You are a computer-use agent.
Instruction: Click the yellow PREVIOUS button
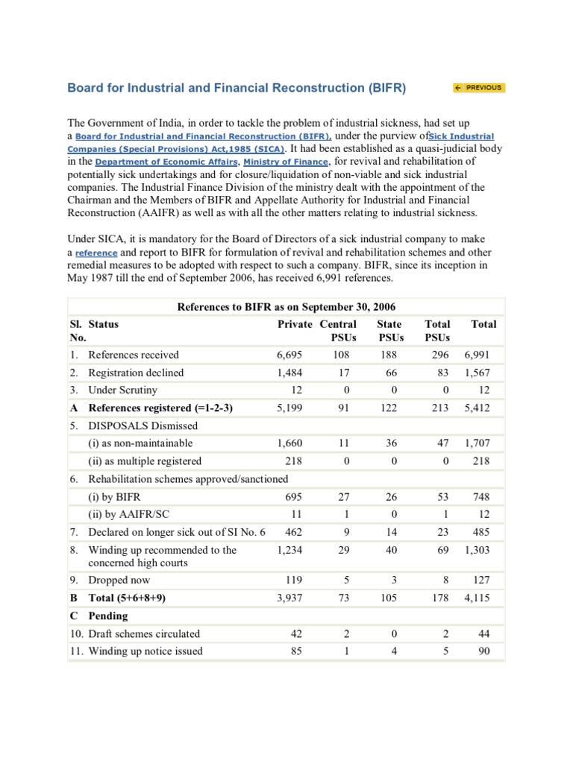coord(478,88)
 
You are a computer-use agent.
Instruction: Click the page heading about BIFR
coord(237,88)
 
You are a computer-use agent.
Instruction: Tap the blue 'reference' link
coord(96,253)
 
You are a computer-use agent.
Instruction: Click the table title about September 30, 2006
coord(286,307)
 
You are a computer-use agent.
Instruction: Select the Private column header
coord(295,324)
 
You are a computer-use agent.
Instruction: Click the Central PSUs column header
coord(338,331)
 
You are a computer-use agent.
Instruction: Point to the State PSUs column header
coord(389,331)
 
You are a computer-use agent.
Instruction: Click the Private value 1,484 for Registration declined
coord(290,373)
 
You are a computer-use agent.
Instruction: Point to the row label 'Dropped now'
coord(119,580)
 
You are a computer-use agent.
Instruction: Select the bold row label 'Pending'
coord(108,615)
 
